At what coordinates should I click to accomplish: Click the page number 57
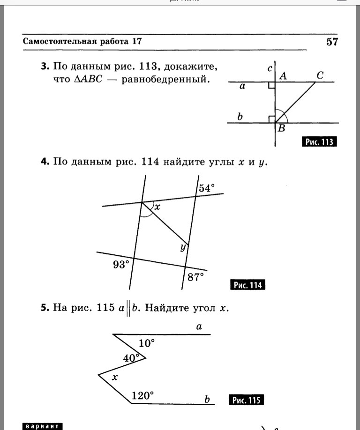pyautogui.click(x=332, y=42)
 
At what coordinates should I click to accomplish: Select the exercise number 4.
pyautogui.click(x=45, y=162)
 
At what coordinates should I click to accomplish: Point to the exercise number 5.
pyautogui.click(x=45, y=308)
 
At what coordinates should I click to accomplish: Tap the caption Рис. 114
pyautogui.click(x=248, y=285)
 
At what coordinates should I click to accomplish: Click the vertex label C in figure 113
pyautogui.click(x=320, y=75)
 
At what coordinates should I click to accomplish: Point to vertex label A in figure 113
pyautogui.click(x=283, y=76)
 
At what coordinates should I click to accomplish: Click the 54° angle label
pyautogui.click(x=207, y=188)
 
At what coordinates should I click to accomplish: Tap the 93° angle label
pyautogui.click(x=120, y=265)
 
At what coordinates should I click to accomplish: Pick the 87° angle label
pyautogui.click(x=196, y=277)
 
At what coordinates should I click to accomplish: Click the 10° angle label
pyautogui.click(x=146, y=343)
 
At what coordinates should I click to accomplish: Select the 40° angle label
pyautogui.click(x=131, y=358)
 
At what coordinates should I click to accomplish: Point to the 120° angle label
pyautogui.click(x=142, y=396)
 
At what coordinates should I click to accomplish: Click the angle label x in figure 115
pyautogui.click(x=114, y=377)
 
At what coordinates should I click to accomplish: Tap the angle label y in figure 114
pyautogui.click(x=183, y=248)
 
